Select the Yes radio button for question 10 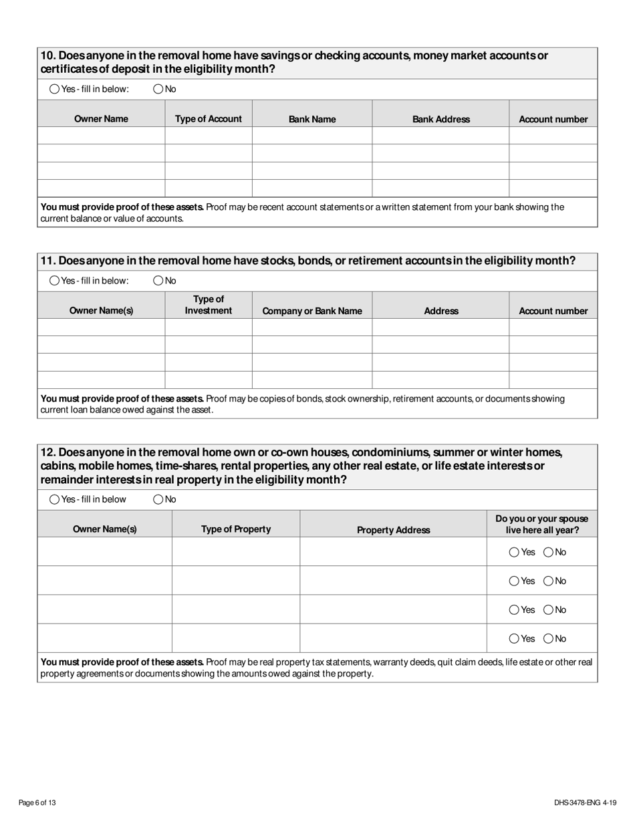(55, 89)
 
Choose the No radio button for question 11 (158, 281)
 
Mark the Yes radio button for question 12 (55, 499)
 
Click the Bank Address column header (440, 119)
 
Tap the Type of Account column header (208, 119)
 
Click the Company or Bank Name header (312, 311)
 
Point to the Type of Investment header (208, 305)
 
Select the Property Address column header (393, 530)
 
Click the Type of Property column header (235, 529)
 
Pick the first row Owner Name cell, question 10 (101, 136)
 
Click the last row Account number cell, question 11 (553, 380)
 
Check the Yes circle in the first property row (514, 552)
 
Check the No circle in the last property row (548, 638)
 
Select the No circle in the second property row (548, 581)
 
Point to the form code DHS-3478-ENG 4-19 (585, 803)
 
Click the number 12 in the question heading (47, 452)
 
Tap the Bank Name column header (312, 119)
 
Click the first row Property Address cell (393, 552)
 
